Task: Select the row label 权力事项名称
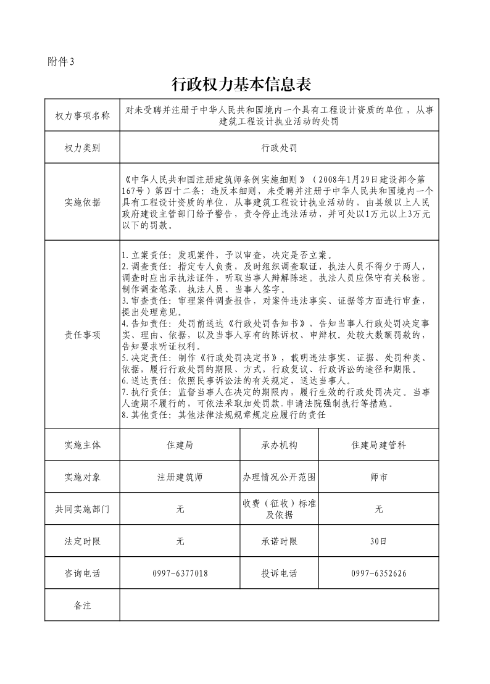(x=82, y=115)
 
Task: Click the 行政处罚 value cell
(x=279, y=148)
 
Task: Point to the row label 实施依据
(x=82, y=202)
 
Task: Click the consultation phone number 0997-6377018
(x=180, y=573)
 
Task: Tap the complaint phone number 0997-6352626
(x=378, y=573)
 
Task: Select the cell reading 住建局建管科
(x=378, y=444)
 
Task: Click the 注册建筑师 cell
(x=180, y=477)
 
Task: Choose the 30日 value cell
(x=378, y=541)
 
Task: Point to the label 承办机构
(x=279, y=444)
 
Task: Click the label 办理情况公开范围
(x=279, y=477)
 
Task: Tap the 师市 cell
(x=378, y=477)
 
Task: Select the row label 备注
(x=82, y=606)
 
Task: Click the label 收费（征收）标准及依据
(x=279, y=509)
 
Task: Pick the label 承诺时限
(x=279, y=541)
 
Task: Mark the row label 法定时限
(x=82, y=541)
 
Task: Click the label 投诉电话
(x=279, y=573)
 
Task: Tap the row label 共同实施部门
(x=82, y=509)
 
